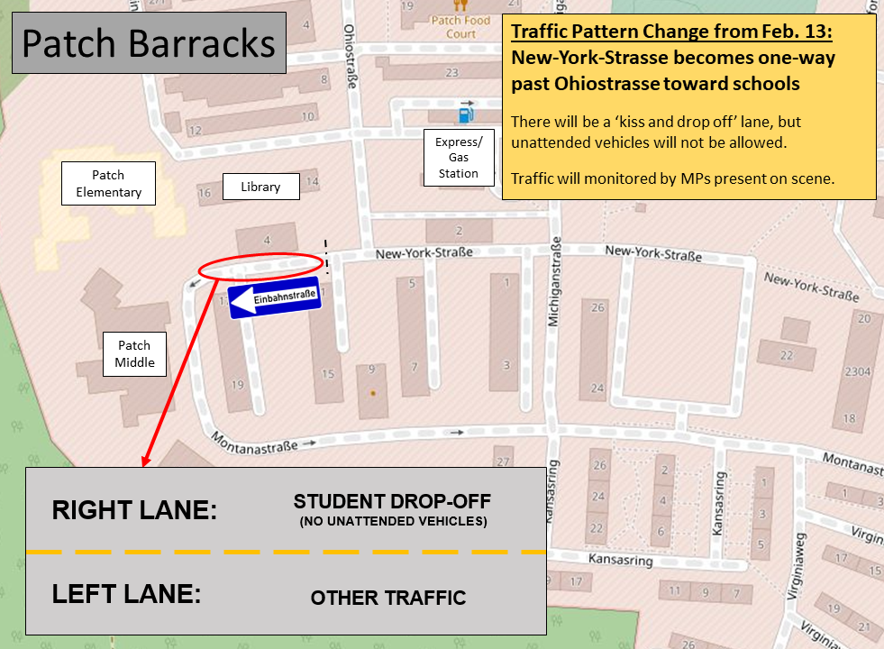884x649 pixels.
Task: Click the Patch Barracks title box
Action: click(149, 42)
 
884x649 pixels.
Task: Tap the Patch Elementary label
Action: click(108, 184)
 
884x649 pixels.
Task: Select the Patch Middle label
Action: click(134, 354)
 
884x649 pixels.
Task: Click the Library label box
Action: click(260, 187)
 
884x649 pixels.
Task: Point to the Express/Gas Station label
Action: click(459, 158)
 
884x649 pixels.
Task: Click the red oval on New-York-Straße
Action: click(260, 265)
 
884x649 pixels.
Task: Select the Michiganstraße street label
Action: click(555, 283)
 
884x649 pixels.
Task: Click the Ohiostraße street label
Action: click(349, 53)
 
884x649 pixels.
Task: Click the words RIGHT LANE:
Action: click(134, 510)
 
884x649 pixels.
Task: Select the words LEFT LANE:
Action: click(126, 595)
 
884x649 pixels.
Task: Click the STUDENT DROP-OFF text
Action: click(392, 502)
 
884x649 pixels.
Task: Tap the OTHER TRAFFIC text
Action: click(387, 598)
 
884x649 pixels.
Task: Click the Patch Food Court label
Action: click(460, 27)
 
